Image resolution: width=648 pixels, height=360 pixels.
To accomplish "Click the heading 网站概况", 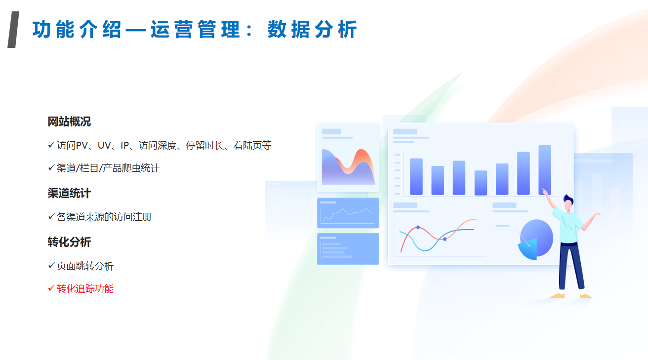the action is tap(69, 122).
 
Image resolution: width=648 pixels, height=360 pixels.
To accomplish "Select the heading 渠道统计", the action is tap(69, 193).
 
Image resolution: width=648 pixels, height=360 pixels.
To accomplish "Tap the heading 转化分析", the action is tap(69, 242).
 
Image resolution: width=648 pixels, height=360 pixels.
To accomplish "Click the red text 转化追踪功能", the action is tap(85, 288).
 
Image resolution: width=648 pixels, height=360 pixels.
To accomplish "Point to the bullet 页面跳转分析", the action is tap(85, 266).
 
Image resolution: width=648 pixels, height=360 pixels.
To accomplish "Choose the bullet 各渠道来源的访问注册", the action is tap(104, 217).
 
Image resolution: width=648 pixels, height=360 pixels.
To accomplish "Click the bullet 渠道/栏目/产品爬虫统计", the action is tap(108, 168).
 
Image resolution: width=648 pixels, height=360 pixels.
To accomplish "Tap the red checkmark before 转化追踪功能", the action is tap(51, 288).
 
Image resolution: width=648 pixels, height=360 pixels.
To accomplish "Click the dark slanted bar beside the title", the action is tap(13, 30).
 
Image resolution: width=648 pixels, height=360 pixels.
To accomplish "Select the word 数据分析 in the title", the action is tap(313, 30).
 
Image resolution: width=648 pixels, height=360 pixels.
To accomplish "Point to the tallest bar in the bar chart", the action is tap(545, 170).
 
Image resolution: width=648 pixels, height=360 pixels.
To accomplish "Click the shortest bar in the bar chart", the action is tap(481, 183).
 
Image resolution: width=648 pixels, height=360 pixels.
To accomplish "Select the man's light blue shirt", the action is tap(568, 226).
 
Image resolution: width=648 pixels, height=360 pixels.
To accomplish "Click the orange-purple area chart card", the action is tap(348, 158).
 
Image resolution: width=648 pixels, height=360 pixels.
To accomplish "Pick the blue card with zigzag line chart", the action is tap(348, 213).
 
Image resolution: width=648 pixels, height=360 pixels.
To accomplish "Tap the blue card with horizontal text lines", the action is tap(348, 249).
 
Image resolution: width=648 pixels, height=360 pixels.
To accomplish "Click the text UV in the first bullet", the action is tap(104, 146).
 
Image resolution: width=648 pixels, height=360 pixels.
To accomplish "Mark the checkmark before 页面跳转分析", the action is tap(51, 265).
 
